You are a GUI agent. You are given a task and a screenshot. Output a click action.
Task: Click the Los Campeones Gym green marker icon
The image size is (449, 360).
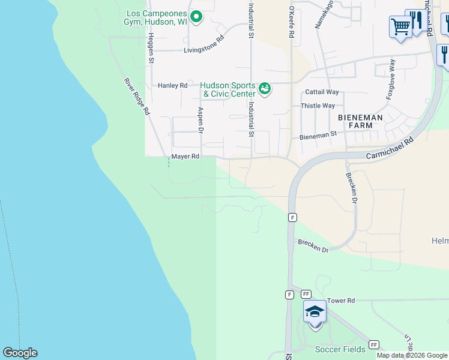click(196, 17)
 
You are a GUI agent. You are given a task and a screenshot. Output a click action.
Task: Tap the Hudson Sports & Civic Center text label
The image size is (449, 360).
click(228, 89)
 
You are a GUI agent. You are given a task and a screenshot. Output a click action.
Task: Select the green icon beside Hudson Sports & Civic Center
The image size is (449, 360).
click(265, 89)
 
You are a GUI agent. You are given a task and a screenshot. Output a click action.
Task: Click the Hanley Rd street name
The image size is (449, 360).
click(173, 85)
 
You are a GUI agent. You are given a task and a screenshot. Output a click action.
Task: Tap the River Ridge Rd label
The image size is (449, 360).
click(137, 97)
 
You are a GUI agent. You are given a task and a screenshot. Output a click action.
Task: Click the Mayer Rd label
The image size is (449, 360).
click(185, 156)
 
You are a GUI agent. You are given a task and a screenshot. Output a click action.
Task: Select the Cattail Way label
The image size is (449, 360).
click(322, 92)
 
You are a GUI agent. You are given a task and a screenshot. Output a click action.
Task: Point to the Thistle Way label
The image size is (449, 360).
click(318, 106)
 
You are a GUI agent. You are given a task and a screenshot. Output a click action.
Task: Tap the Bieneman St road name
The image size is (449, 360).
click(318, 136)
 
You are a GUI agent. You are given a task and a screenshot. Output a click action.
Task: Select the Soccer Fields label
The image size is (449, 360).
click(340, 349)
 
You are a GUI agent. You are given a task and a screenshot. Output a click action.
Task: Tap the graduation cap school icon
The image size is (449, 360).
click(315, 312)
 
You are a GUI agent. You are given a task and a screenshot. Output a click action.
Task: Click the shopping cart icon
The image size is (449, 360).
click(400, 26)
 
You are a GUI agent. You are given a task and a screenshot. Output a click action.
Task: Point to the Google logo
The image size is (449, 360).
click(20, 353)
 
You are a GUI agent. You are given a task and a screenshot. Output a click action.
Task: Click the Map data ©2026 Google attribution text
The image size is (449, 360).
click(412, 355)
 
